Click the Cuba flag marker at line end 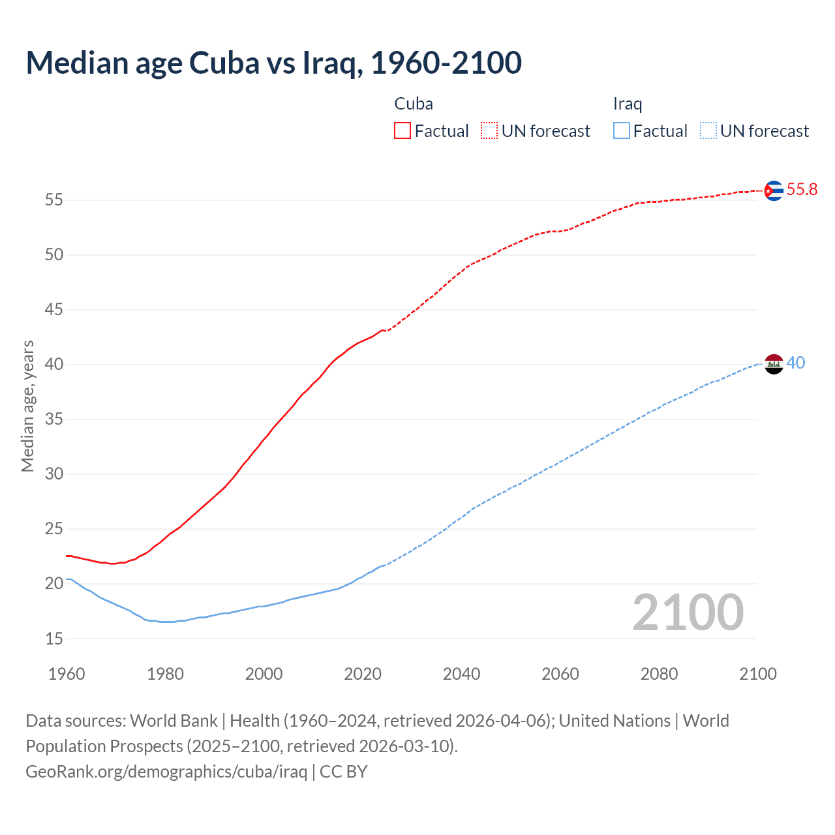click(773, 190)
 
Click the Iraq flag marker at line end click(773, 364)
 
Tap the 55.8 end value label click(802, 189)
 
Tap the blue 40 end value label click(796, 363)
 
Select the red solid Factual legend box click(402, 131)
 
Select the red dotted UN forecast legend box click(489, 131)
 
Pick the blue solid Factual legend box click(621, 131)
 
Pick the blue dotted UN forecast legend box click(708, 131)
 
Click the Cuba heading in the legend click(414, 104)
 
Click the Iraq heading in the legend click(628, 104)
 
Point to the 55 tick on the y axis click(54, 200)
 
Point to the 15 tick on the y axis click(54, 639)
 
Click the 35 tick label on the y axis click(54, 419)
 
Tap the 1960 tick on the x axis click(67, 674)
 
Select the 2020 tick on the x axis click(363, 674)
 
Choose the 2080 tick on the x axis click(659, 674)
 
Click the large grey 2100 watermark click(688, 612)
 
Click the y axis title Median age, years click(27, 406)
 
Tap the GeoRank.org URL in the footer click(166, 772)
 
